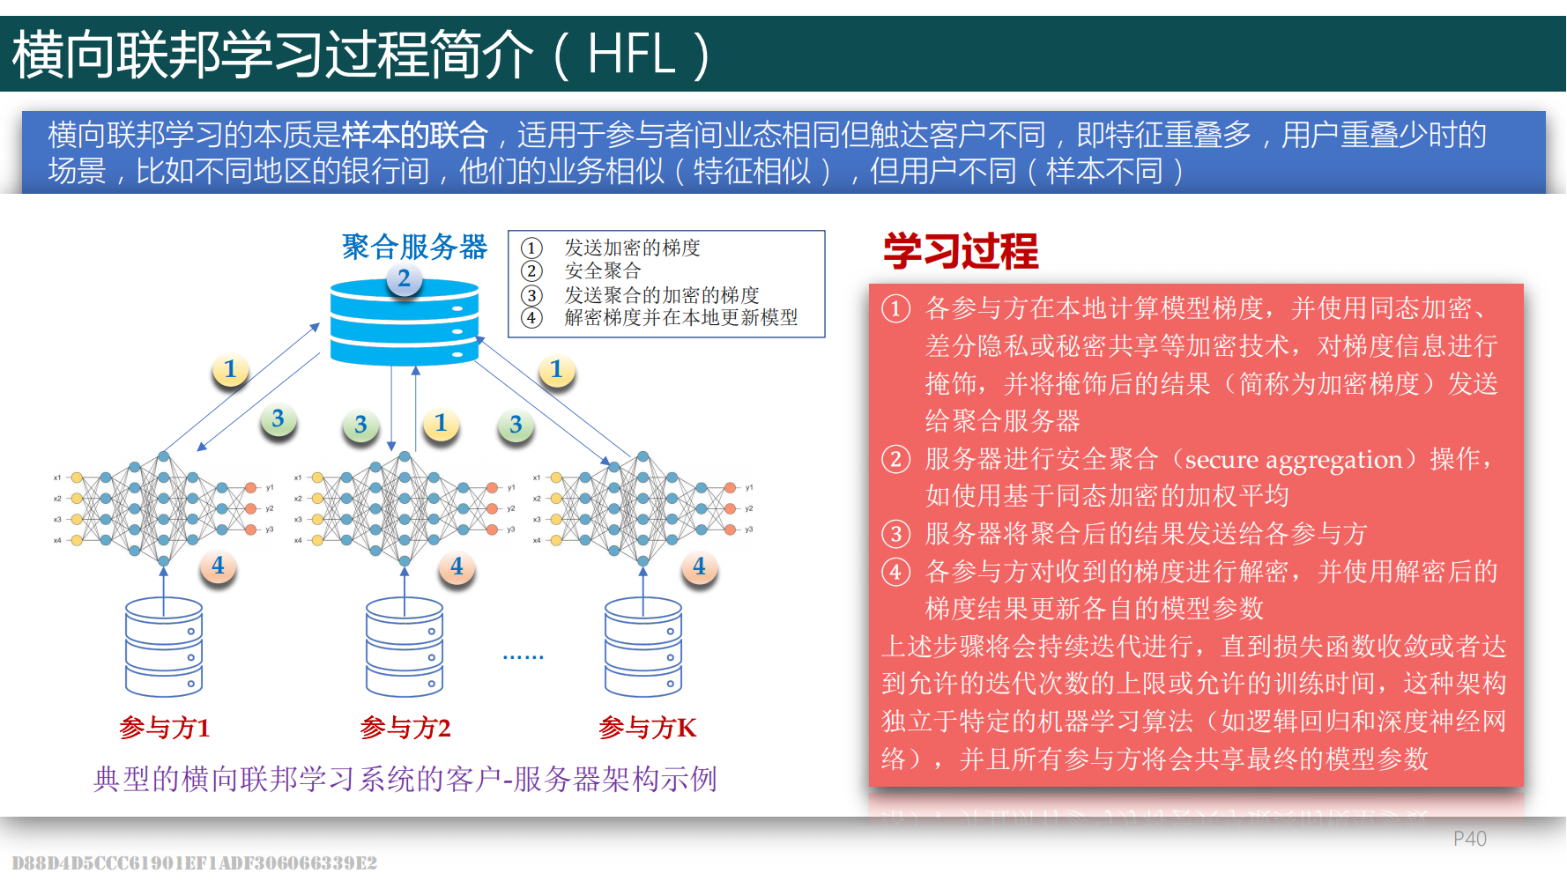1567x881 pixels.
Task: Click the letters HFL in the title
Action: coord(630,54)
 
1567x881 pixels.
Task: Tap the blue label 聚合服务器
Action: coord(414,247)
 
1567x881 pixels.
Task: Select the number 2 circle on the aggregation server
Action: coord(404,279)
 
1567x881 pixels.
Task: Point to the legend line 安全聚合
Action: coord(602,270)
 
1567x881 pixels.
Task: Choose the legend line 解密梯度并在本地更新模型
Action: coord(680,317)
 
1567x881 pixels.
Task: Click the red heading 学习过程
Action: coord(961,251)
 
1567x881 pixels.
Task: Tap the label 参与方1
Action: coord(165,728)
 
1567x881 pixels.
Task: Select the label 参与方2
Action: coord(405,728)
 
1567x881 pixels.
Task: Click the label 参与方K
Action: coord(647,728)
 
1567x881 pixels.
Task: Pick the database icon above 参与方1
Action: coord(164,648)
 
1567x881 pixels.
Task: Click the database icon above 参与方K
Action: coord(643,648)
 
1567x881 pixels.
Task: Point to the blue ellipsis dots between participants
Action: coord(523,657)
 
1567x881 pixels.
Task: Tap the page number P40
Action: coord(1469,839)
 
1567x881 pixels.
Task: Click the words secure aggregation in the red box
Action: coord(1293,459)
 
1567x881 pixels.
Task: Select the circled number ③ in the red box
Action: coord(895,534)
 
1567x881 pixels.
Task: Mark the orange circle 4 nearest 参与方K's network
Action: coord(699,566)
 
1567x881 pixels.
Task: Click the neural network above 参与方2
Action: coord(405,508)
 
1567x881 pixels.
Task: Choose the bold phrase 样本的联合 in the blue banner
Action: coord(414,135)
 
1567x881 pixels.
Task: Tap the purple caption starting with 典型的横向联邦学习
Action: coord(405,779)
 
